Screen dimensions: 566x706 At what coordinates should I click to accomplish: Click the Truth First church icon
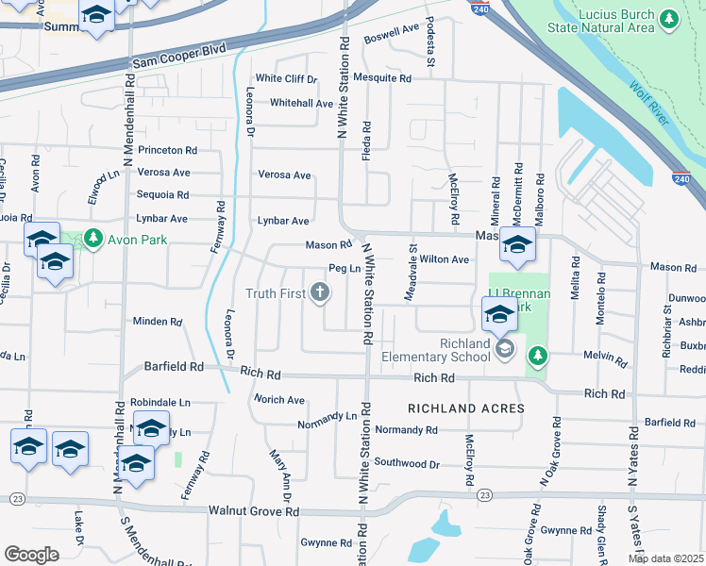point(320,293)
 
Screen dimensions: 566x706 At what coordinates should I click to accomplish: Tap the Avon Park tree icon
point(92,240)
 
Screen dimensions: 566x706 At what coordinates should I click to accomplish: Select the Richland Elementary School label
point(435,350)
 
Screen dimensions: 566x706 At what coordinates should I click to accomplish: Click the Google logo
point(31,554)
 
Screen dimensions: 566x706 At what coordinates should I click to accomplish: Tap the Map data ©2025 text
point(665,558)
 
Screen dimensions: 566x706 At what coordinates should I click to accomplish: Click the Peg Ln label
point(345,268)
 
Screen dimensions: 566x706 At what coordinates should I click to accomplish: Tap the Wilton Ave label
point(445,259)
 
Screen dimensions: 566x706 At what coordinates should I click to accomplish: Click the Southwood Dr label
point(407,463)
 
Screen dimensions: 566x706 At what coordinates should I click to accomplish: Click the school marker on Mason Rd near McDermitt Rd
point(517,245)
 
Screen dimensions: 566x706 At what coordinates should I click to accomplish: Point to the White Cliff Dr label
point(286,79)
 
